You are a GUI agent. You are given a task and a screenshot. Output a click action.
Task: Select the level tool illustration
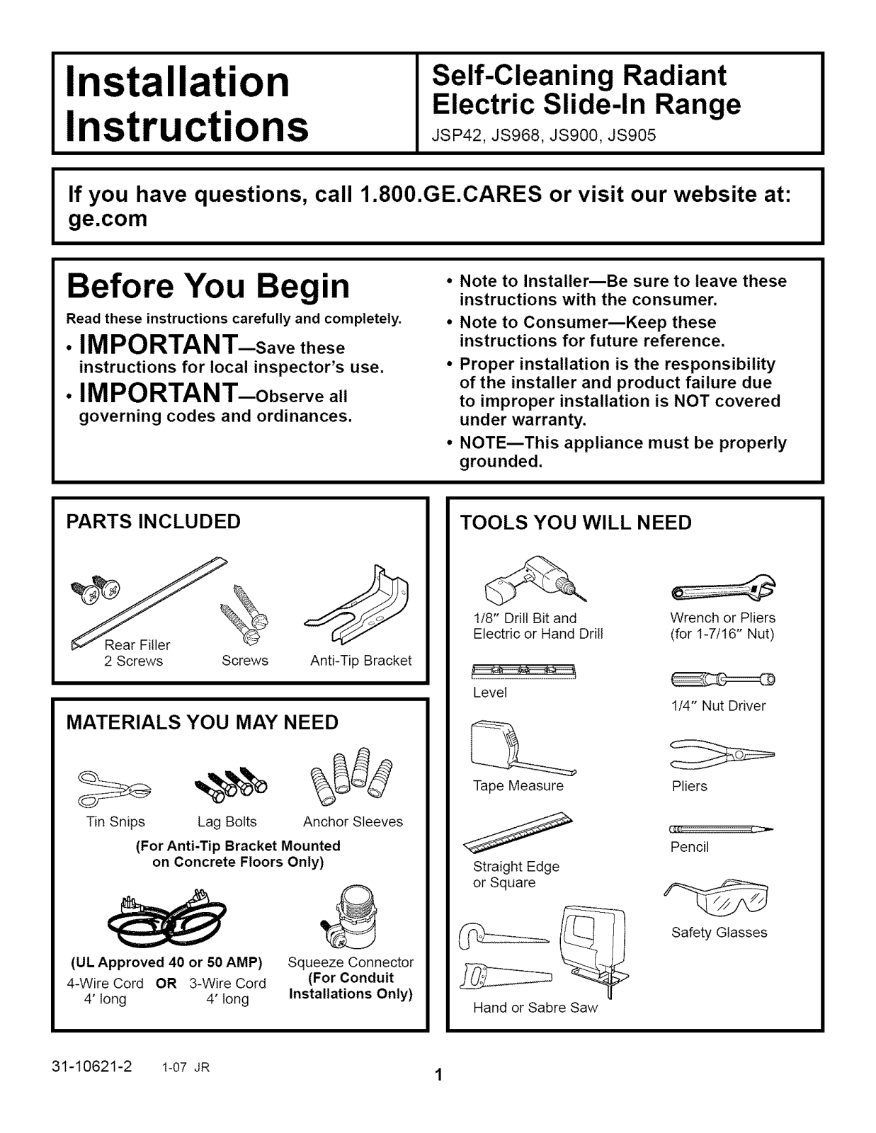click(x=523, y=671)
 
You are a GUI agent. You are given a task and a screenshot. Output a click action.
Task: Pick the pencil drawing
click(x=721, y=829)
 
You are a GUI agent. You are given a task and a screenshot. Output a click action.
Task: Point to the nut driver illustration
click(x=723, y=679)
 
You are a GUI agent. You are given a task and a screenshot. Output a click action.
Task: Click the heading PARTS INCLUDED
click(x=153, y=521)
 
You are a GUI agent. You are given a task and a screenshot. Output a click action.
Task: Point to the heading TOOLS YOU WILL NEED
click(x=576, y=523)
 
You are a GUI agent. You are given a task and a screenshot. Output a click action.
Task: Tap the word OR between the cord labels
click(x=166, y=984)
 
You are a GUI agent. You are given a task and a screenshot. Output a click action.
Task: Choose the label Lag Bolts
click(x=227, y=821)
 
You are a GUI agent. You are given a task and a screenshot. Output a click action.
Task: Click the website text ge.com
click(x=108, y=220)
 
